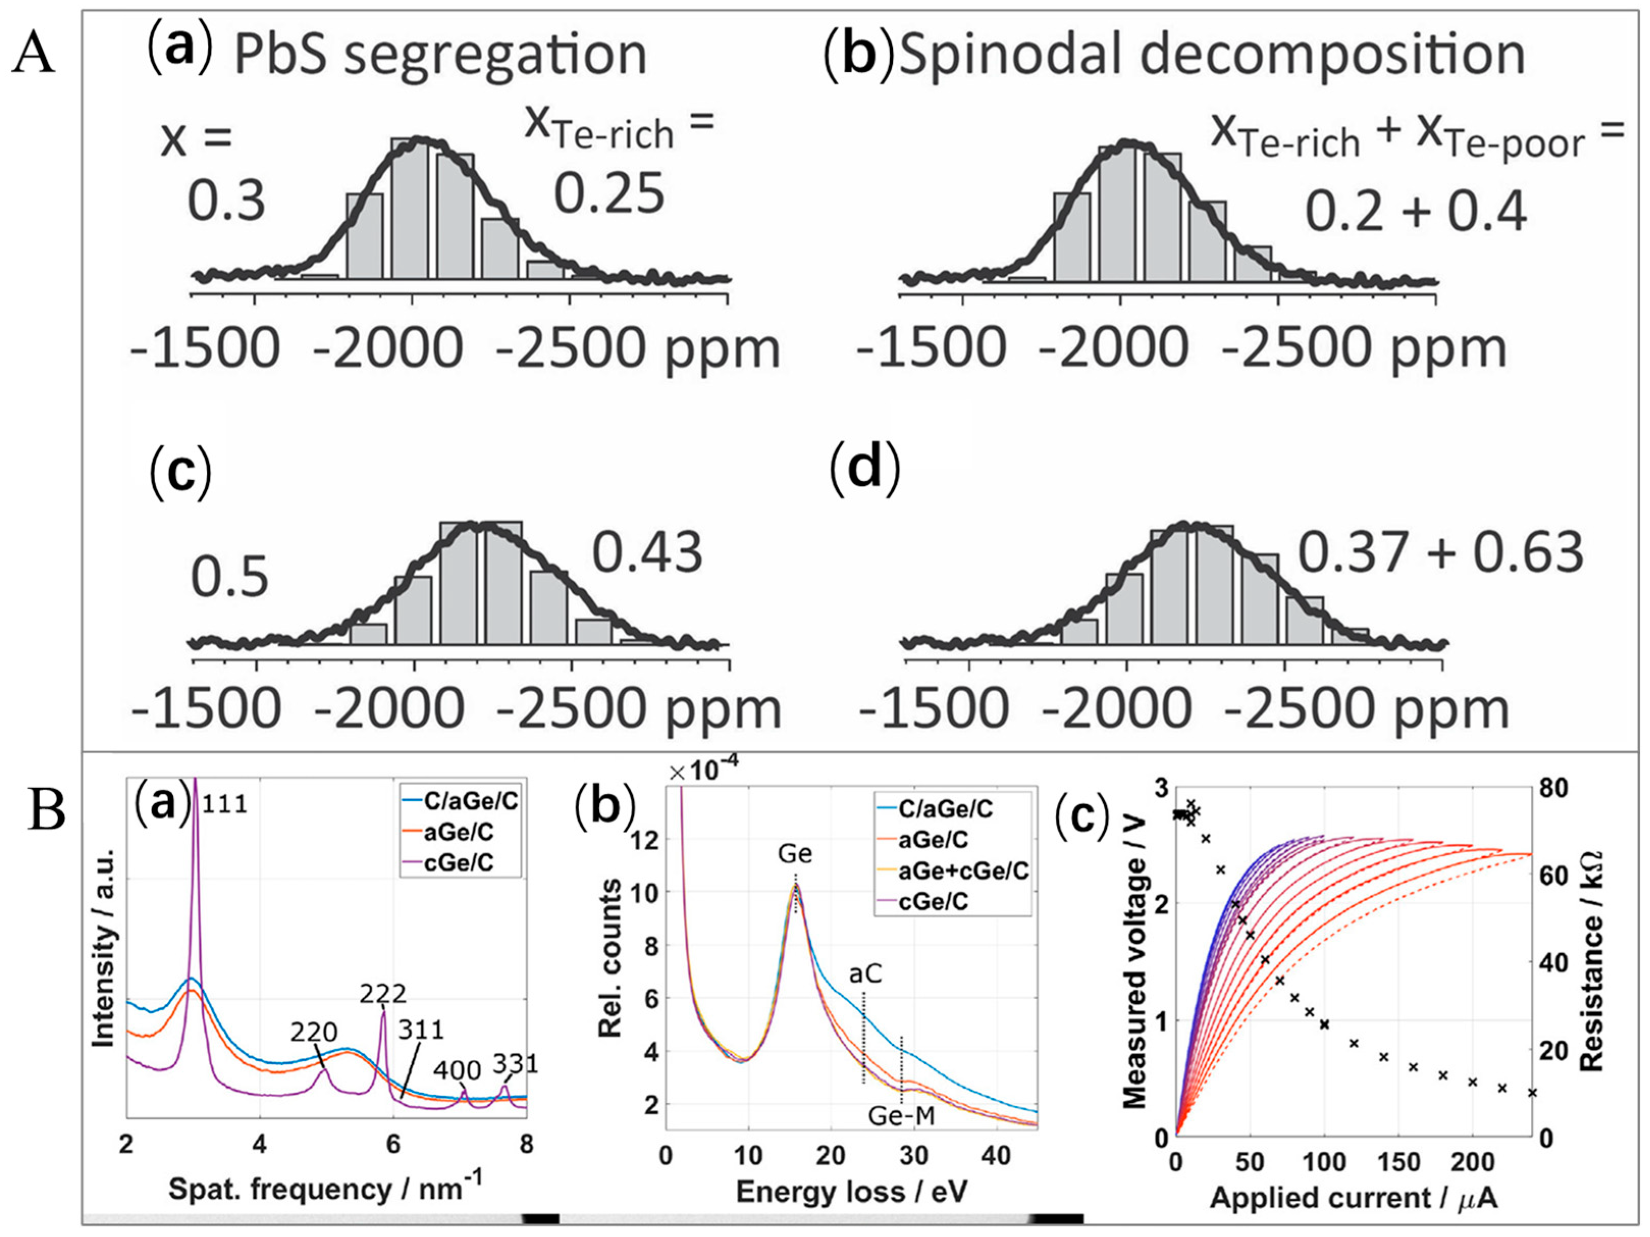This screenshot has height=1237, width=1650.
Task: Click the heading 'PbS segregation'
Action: [x=440, y=56]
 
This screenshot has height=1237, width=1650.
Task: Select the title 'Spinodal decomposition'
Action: [x=1212, y=56]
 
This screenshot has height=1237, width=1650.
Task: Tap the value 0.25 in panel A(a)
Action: [x=608, y=193]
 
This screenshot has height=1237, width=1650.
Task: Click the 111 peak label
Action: [x=225, y=804]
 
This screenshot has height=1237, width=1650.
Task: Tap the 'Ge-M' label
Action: [x=901, y=1116]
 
